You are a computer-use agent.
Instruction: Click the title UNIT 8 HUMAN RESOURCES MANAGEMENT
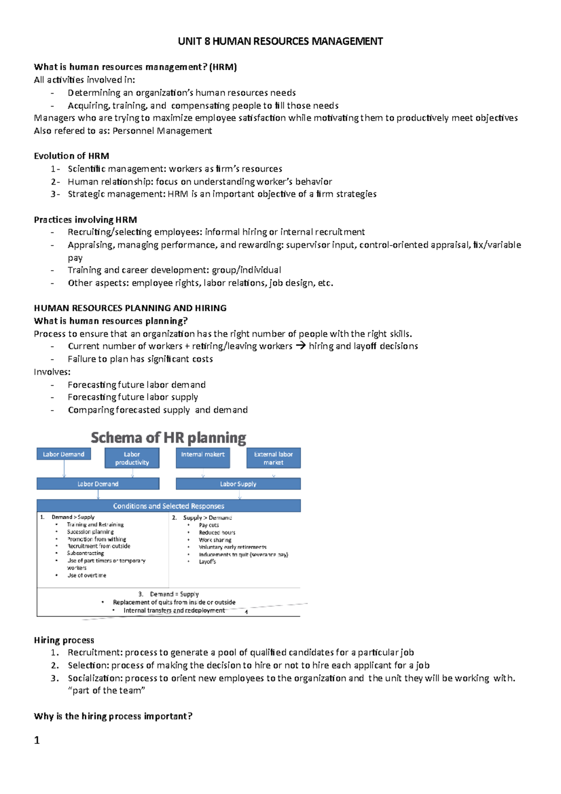[280, 42]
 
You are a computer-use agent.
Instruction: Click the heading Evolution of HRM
[72, 156]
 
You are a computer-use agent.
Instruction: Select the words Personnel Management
[162, 131]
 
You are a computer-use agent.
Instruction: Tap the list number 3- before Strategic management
[55, 194]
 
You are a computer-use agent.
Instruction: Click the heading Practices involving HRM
[85, 220]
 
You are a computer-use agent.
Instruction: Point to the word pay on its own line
[75, 258]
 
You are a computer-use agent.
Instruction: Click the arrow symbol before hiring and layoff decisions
[301, 346]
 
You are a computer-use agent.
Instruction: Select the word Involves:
[52, 372]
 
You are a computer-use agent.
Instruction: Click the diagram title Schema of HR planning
[168, 438]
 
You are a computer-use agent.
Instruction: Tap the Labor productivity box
[132, 458]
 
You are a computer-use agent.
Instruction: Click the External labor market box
[273, 458]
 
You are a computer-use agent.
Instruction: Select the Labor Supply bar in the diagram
[238, 484]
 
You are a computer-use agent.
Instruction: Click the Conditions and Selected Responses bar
[168, 506]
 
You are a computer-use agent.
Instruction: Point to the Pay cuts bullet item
[209, 525]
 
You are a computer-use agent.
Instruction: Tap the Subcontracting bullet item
[86, 553]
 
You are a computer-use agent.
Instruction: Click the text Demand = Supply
[174, 594]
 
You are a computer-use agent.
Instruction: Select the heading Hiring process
[64, 640]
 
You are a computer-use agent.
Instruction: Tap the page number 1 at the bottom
[37, 741]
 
